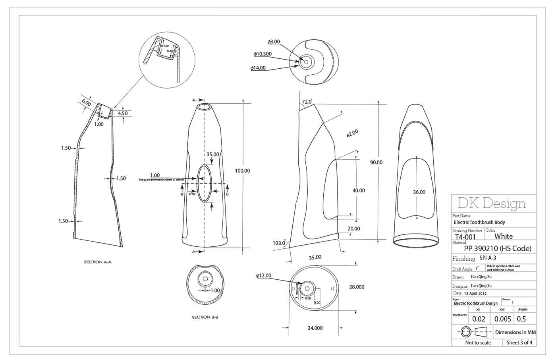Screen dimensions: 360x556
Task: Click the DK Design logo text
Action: point(491,203)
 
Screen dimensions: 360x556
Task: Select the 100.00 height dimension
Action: point(242,171)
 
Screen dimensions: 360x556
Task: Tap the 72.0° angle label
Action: point(307,102)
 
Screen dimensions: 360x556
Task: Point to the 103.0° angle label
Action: point(279,243)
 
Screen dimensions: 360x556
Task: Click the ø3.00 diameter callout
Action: point(274,42)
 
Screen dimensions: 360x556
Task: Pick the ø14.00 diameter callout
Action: point(258,68)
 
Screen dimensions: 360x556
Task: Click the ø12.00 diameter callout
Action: point(264,275)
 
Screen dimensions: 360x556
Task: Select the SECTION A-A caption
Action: point(98,262)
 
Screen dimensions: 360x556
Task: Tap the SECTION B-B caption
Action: point(205,317)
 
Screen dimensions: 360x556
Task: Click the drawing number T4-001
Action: point(465,237)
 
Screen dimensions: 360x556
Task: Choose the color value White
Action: point(503,236)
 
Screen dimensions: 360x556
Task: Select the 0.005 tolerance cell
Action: point(502,319)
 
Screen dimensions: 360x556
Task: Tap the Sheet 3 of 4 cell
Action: point(519,343)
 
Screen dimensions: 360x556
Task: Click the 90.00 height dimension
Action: point(376,163)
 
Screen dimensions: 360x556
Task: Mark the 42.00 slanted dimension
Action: point(352,134)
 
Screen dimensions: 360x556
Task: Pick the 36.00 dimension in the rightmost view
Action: point(419,192)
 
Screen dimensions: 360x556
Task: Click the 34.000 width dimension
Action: point(315,328)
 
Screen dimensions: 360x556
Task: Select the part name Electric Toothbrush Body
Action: point(479,223)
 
